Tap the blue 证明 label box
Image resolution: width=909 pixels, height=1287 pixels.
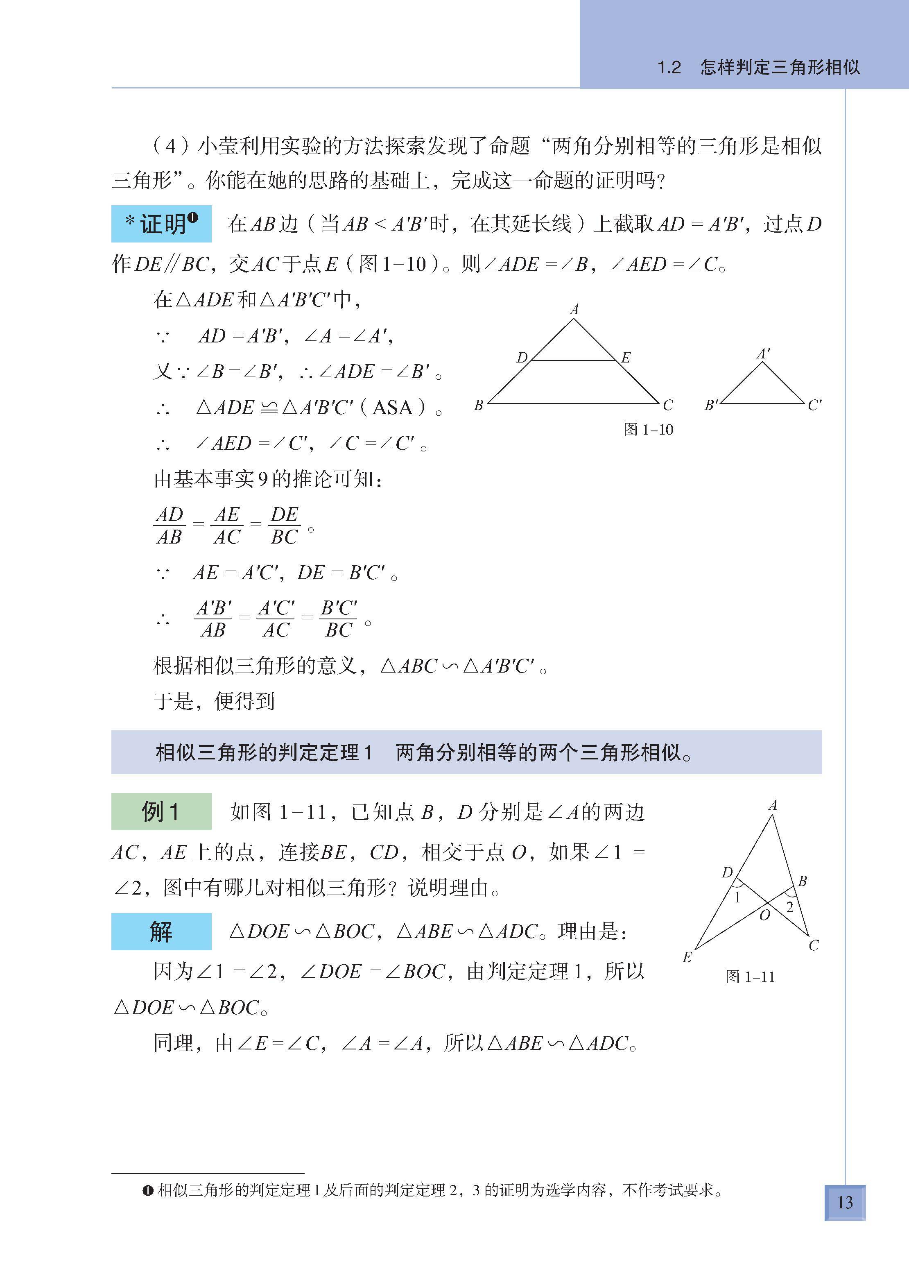click(161, 224)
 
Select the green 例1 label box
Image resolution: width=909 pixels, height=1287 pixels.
click(161, 811)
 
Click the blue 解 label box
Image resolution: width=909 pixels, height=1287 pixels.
click(161, 931)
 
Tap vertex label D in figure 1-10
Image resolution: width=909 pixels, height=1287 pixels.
click(522, 357)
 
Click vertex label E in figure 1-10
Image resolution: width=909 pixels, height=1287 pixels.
click(626, 358)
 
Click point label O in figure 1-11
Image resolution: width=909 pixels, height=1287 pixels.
click(764, 915)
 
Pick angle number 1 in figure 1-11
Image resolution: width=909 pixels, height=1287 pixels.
click(737, 898)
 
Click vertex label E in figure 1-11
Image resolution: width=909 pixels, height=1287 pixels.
click(687, 957)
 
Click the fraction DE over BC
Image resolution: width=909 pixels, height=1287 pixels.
click(285, 526)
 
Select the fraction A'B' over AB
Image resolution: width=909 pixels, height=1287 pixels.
click(213, 619)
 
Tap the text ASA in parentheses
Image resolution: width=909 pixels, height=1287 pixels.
click(392, 407)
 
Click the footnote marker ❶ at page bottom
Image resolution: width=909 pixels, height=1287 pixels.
click(148, 1190)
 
